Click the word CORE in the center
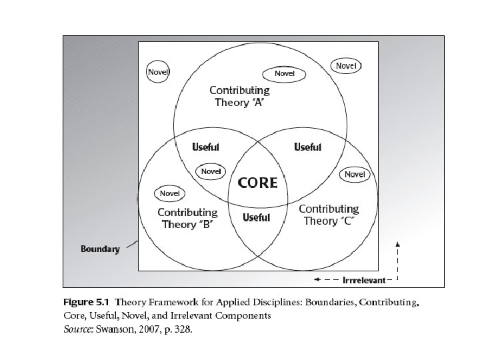click(258, 183)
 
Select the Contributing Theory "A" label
click(239, 96)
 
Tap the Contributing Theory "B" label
click(187, 218)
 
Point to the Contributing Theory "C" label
click(328, 215)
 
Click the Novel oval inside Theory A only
click(281, 73)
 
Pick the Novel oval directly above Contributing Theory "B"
click(170, 193)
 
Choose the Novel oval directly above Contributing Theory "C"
click(355, 175)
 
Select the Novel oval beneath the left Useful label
click(211, 171)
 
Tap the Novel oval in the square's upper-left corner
click(157, 72)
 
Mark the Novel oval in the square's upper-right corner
click(346, 66)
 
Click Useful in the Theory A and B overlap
click(205, 147)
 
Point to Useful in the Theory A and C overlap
click(307, 147)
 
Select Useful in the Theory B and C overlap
click(257, 217)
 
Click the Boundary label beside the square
click(100, 249)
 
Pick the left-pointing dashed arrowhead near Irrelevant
click(318, 279)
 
